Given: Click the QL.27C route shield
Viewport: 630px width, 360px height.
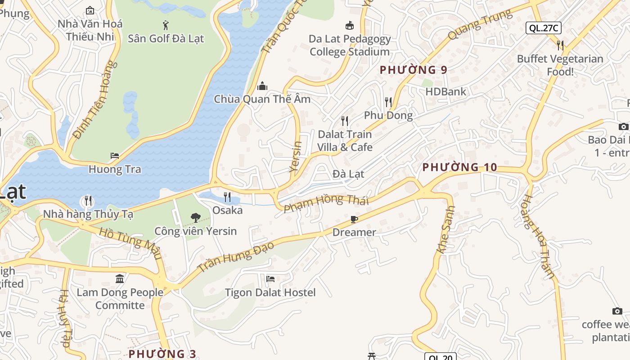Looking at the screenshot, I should point(543,28).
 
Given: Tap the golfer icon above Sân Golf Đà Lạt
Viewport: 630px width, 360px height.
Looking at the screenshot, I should point(166,25).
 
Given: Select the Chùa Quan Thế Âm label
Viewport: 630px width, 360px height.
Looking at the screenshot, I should point(262,99).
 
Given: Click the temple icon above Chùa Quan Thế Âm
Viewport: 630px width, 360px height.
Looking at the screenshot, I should point(262,86).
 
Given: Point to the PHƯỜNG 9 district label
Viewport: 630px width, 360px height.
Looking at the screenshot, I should point(414,70).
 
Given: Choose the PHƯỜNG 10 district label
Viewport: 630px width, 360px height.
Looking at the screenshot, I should point(459,167).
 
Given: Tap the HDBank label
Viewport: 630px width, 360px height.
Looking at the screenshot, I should point(445,92).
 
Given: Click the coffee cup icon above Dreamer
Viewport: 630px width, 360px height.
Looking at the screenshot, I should point(354,219).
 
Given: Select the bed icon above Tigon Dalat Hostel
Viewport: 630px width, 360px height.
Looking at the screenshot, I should point(270,279).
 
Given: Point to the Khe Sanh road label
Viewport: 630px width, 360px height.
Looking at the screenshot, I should point(446,229).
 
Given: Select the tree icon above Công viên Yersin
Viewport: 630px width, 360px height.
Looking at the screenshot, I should point(195,218).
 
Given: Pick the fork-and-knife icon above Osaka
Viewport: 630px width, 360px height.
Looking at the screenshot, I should point(227,197).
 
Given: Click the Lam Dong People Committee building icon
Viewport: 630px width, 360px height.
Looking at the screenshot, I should point(120,279).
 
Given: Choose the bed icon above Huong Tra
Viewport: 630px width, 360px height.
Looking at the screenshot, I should point(115,156).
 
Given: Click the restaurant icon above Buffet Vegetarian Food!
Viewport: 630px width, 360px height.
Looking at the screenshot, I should point(560,45).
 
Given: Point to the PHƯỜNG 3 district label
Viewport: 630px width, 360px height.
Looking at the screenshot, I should point(162,354).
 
